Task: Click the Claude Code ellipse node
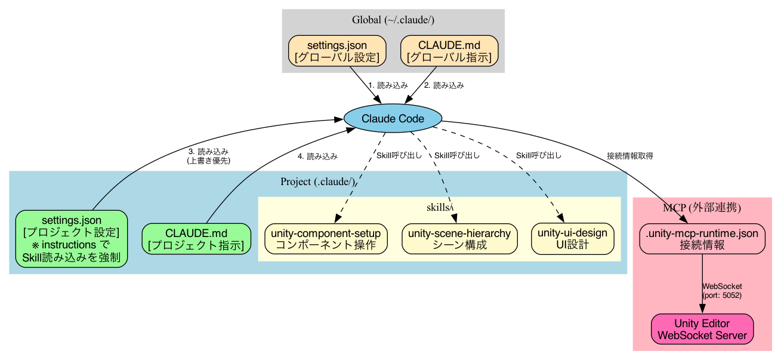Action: [393, 118]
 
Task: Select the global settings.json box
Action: [337, 51]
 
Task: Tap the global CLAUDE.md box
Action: [449, 51]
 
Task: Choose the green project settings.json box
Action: [71, 239]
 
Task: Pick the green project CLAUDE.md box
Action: [196, 239]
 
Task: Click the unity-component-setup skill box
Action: [326, 239]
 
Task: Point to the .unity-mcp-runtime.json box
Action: [702, 239]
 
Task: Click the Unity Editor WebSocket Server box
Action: [702, 329]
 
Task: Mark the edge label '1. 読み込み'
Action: [388, 85]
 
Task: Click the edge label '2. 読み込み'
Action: [443, 85]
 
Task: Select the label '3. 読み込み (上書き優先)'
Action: [208, 156]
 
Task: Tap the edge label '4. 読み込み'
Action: [317, 156]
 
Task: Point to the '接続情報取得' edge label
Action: [629, 156]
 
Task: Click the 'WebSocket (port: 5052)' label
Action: [722, 291]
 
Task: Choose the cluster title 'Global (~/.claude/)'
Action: [393, 20]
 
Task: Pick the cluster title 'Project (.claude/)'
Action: [317, 181]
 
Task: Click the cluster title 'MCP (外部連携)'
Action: [702, 208]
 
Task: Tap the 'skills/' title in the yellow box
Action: [440, 207]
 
